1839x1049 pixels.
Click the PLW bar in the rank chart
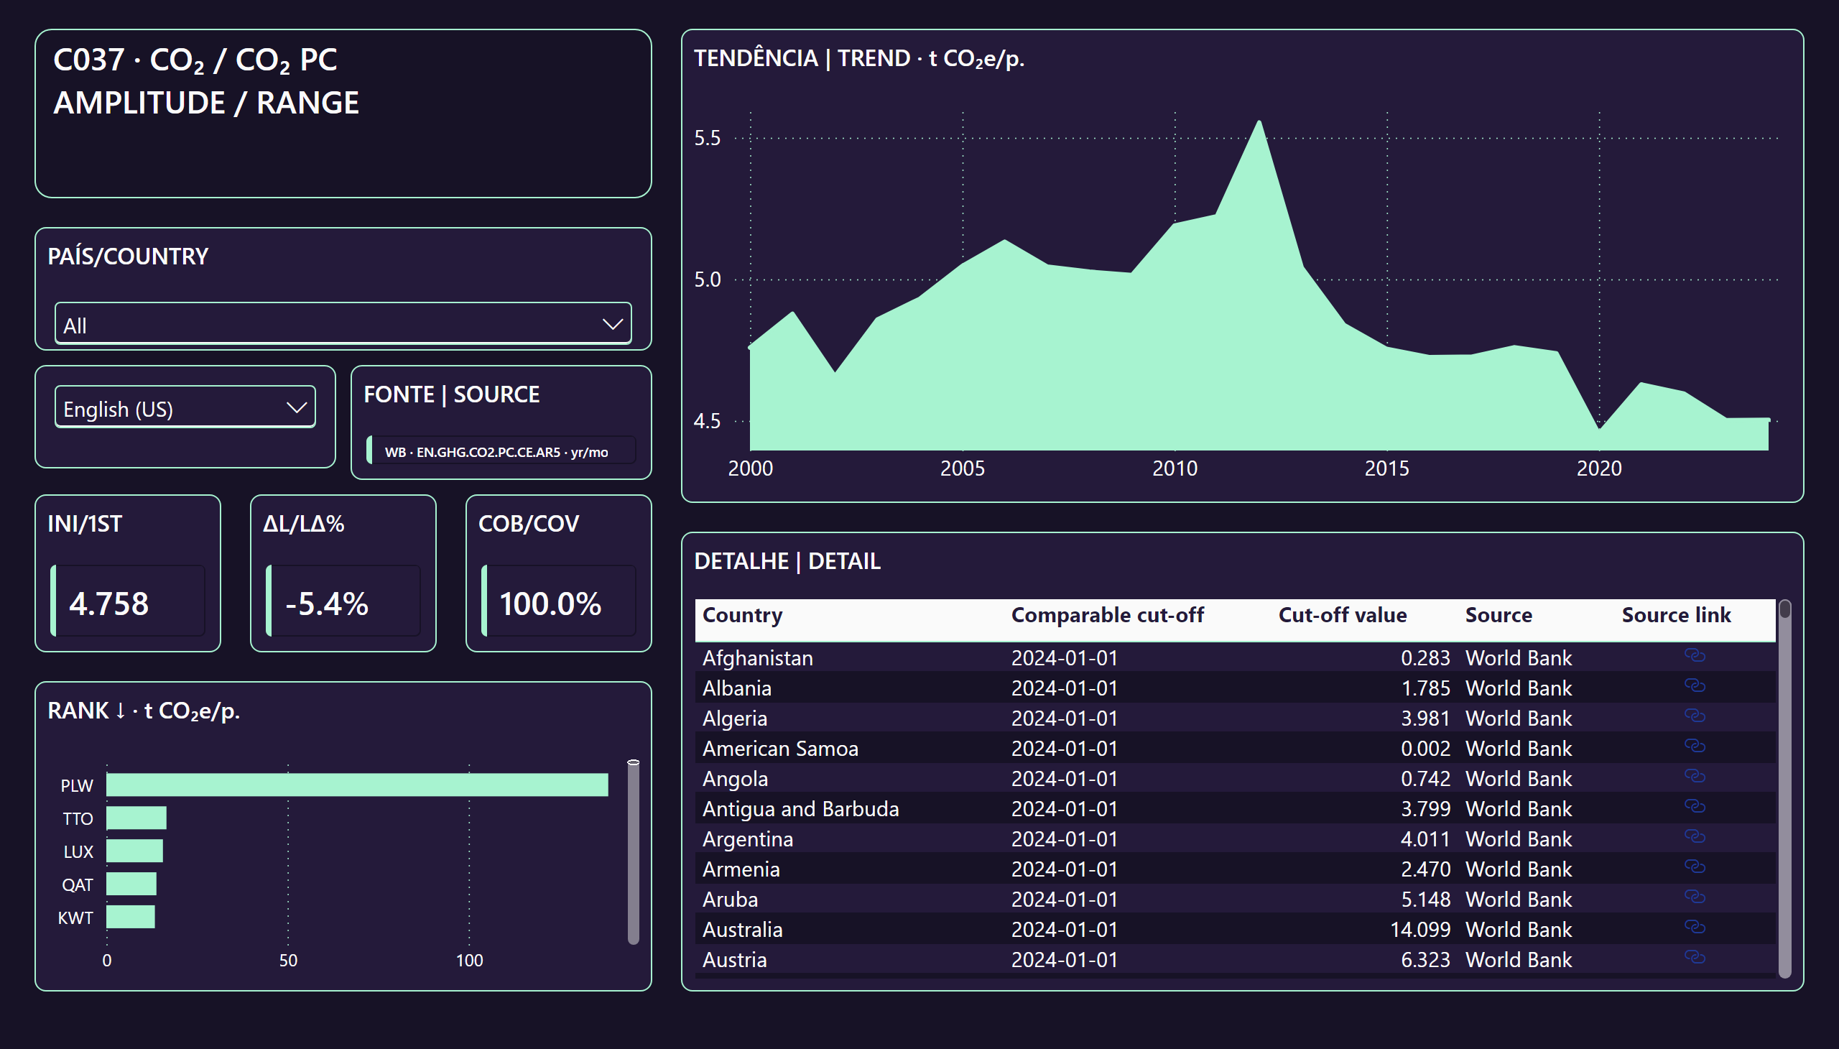pyautogui.click(x=357, y=785)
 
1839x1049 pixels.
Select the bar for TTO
pyautogui.click(x=136, y=818)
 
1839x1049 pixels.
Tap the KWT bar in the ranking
pyautogui.click(x=130, y=916)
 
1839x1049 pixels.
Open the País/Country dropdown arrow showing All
pyautogui.click(x=612, y=324)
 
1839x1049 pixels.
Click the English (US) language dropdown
pyautogui.click(x=185, y=408)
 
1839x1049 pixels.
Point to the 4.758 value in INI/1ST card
pyautogui.click(x=108, y=604)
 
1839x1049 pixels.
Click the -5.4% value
pyautogui.click(x=327, y=604)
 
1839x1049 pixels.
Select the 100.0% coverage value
pyautogui.click(x=550, y=604)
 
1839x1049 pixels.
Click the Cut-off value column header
pyautogui.click(x=1342, y=615)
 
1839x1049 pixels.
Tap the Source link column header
pyautogui.click(x=1676, y=615)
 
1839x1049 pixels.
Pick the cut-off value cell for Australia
pyautogui.click(x=1419, y=930)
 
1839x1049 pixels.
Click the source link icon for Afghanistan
pyautogui.click(x=1695, y=655)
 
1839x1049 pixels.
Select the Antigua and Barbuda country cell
pyautogui.click(x=800, y=809)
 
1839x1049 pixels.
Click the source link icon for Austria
pyautogui.click(x=1695, y=957)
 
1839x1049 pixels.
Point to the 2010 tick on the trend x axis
pyautogui.click(x=1175, y=468)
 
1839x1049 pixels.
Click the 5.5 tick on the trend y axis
pyautogui.click(x=708, y=138)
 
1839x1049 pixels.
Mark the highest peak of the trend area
pyautogui.click(x=1259, y=121)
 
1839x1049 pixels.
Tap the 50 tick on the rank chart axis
pyautogui.click(x=288, y=960)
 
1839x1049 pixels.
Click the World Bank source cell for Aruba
pyautogui.click(x=1519, y=899)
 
